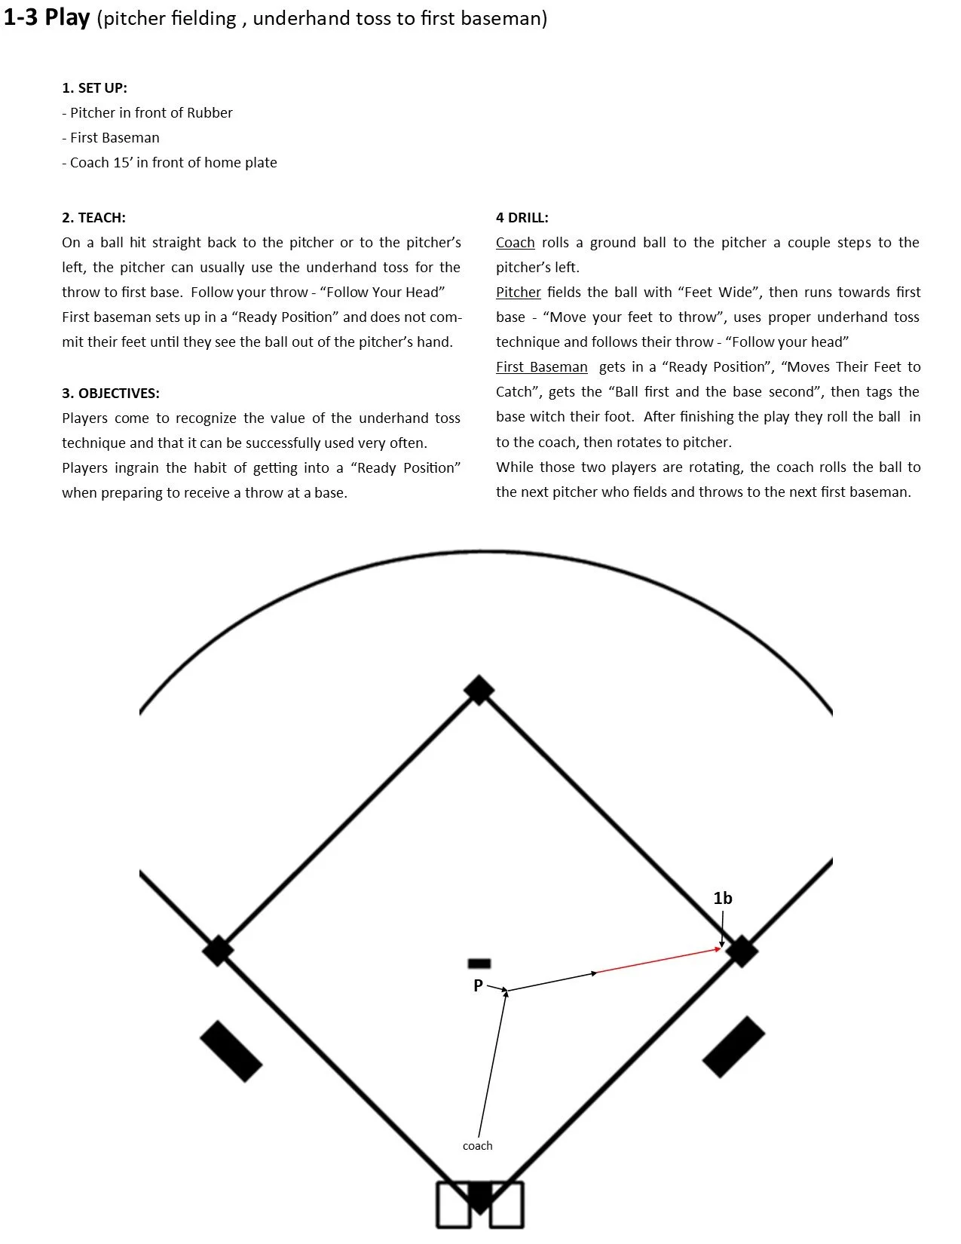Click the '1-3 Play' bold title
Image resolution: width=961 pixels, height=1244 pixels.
click(x=47, y=17)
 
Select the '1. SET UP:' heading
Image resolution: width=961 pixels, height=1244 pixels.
click(x=94, y=87)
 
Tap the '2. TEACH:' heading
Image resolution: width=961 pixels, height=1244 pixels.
click(x=93, y=218)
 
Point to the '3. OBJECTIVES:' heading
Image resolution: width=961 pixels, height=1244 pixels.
click(x=111, y=394)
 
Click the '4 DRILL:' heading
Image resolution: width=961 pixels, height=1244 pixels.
click(x=522, y=218)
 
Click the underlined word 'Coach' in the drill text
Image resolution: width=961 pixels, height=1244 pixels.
click(x=516, y=243)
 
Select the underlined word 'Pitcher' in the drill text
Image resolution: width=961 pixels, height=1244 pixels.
click(x=519, y=293)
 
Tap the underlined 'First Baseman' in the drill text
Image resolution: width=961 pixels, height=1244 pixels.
click(x=541, y=367)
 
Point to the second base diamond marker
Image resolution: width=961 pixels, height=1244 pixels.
click(x=479, y=690)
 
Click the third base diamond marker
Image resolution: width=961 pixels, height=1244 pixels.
click(x=218, y=951)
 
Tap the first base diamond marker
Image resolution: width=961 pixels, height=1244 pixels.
click(x=742, y=951)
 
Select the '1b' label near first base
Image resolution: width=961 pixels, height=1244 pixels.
click(x=723, y=898)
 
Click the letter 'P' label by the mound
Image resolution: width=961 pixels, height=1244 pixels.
click(x=478, y=985)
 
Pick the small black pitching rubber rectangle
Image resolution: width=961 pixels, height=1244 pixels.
click(x=479, y=964)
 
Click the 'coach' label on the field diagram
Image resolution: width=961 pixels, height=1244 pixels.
click(x=477, y=1146)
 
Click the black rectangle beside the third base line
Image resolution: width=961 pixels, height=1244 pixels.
click(x=231, y=1052)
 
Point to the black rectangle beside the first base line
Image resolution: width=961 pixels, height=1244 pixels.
click(x=733, y=1046)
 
